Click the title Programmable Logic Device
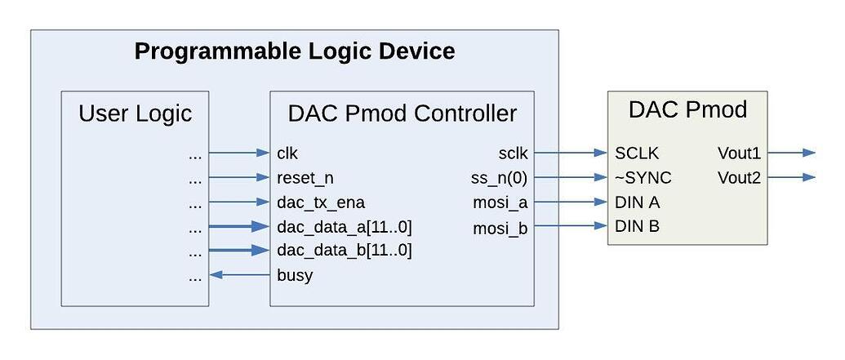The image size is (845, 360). tap(294, 52)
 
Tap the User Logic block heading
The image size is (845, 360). tap(135, 113)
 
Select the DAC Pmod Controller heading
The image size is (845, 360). tap(402, 113)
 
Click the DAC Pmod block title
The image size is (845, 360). tap(687, 109)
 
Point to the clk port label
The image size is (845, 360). tap(288, 153)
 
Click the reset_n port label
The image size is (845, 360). tap(305, 177)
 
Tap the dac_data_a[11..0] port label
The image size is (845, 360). tap(344, 226)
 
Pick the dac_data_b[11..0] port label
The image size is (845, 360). tap(344, 250)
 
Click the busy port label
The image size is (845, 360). tap(295, 275)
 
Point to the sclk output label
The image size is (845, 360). tap(513, 153)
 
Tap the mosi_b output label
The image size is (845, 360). tap(500, 229)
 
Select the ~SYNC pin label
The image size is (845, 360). tap(644, 178)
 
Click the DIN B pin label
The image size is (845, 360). tap(638, 226)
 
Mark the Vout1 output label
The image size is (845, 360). tap(739, 153)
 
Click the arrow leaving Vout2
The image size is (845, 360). tap(791, 177)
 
